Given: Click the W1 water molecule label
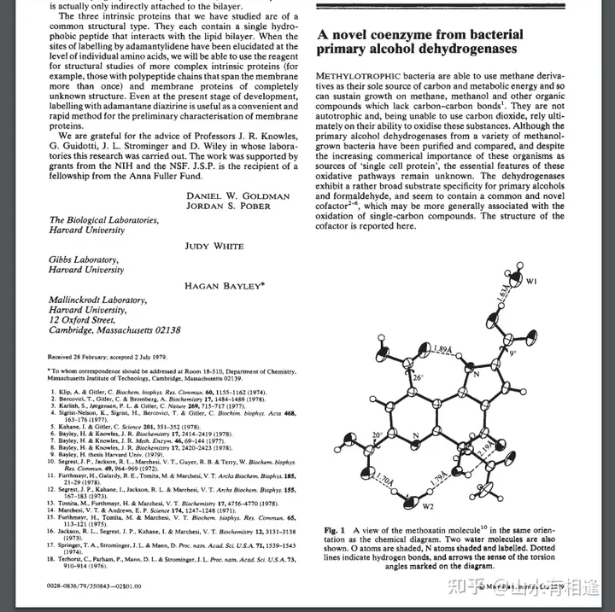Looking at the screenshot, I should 531,280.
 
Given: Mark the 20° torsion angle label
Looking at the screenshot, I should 378,435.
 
